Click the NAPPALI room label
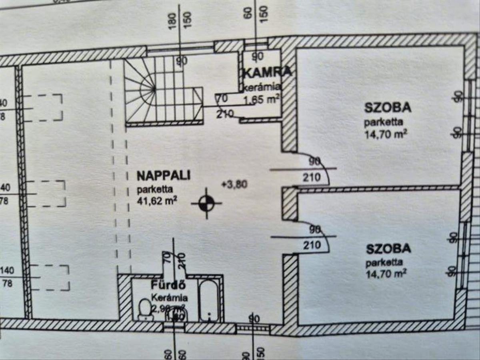click(x=163, y=176)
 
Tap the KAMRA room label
click(x=267, y=73)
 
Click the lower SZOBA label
click(x=388, y=248)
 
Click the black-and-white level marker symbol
click(x=206, y=203)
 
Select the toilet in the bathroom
click(x=144, y=309)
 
